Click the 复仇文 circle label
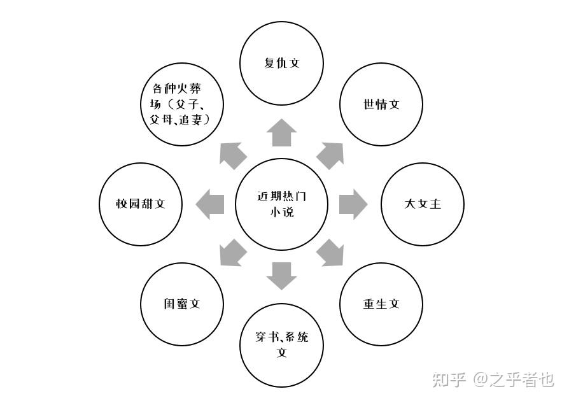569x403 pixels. [281, 63]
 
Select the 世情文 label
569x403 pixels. [381, 104]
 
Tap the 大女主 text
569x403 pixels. [423, 204]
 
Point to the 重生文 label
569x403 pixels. [381, 304]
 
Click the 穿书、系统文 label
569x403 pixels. [282, 344]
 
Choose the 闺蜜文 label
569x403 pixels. [181, 304]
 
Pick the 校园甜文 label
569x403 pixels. [141, 204]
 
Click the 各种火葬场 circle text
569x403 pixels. [181, 104]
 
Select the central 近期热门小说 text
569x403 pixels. [281, 204]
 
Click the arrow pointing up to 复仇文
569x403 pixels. [281, 133]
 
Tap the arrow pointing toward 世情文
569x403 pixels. [331, 155]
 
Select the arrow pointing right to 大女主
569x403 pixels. [353, 204]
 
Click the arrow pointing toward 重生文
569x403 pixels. [331, 253]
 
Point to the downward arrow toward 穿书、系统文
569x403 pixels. [281, 276]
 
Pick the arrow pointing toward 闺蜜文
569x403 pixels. [232, 253]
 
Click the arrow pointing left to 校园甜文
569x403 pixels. [210, 204]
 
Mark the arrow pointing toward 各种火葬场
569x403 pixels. [232, 155]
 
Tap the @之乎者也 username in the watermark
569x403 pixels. [513, 380]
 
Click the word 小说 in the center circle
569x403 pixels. [281, 213]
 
